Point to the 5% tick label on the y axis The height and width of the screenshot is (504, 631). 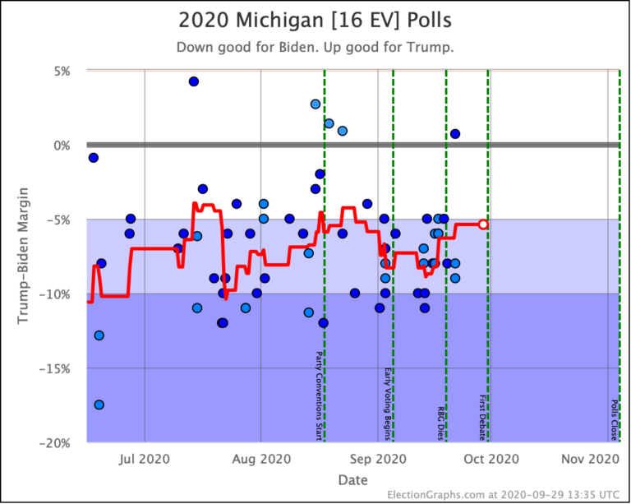(60, 71)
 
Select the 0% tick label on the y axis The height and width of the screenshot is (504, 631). (60, 146)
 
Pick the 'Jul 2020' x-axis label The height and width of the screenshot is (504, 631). (145, 459)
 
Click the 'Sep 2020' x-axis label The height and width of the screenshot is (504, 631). (378, 459)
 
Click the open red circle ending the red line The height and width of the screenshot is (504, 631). (484, 224)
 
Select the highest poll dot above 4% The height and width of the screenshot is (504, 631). (194, 81)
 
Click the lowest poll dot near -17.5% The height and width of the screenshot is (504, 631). (99, 405)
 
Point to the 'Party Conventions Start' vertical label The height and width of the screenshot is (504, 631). (319, 395)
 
